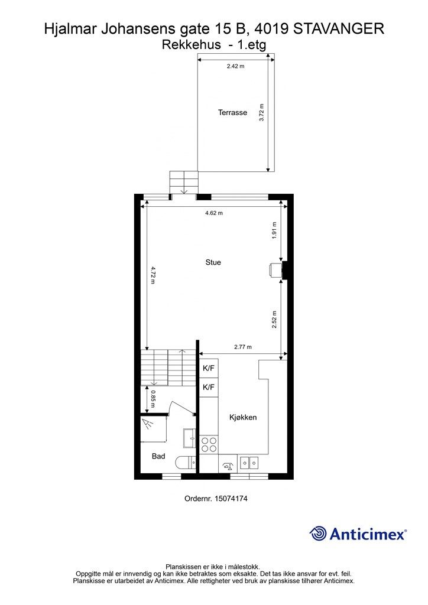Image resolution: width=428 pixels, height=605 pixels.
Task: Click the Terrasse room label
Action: pyautogui.click(x=232, y=112)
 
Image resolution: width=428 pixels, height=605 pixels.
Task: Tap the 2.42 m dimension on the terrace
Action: pyautogui.click(x=235, y=66)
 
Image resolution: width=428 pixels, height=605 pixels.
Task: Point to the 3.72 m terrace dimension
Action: pyautogui.click(x=262, y=112)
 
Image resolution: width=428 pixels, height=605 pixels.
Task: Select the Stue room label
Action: pyautogui.click(x=213, y=262)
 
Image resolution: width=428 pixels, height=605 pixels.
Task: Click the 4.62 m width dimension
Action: pyautogui.click(x=213, y=213)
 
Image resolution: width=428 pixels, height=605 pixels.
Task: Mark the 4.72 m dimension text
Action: pyautogui.click(x=153, y=276)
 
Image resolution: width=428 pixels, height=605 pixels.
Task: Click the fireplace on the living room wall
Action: pyautogui.click(x=275, y=269)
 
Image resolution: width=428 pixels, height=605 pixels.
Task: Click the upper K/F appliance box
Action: pyautogui.click(x=209, y=369)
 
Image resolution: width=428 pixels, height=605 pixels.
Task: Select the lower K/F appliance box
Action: pyautogui.click(x=209, y=388)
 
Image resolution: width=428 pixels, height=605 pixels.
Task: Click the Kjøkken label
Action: pyautogui.click(x=243, y=418)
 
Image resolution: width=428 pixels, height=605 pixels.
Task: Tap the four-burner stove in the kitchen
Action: pyautogui.click(x=209, y=444)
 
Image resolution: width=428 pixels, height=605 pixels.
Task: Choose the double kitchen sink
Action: pyautogui.click(x=249, y=462)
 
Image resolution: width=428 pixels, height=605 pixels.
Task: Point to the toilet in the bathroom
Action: pyautogui.click(x=188, y=463)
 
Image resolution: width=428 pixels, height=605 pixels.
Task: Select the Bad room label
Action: pyautogui.click(x=158, y=456)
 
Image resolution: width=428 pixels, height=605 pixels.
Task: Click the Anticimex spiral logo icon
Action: pyautogui.click(x=318, y=534)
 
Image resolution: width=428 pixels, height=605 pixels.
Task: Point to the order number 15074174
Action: pyautogui.click(x=216, y=499)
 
